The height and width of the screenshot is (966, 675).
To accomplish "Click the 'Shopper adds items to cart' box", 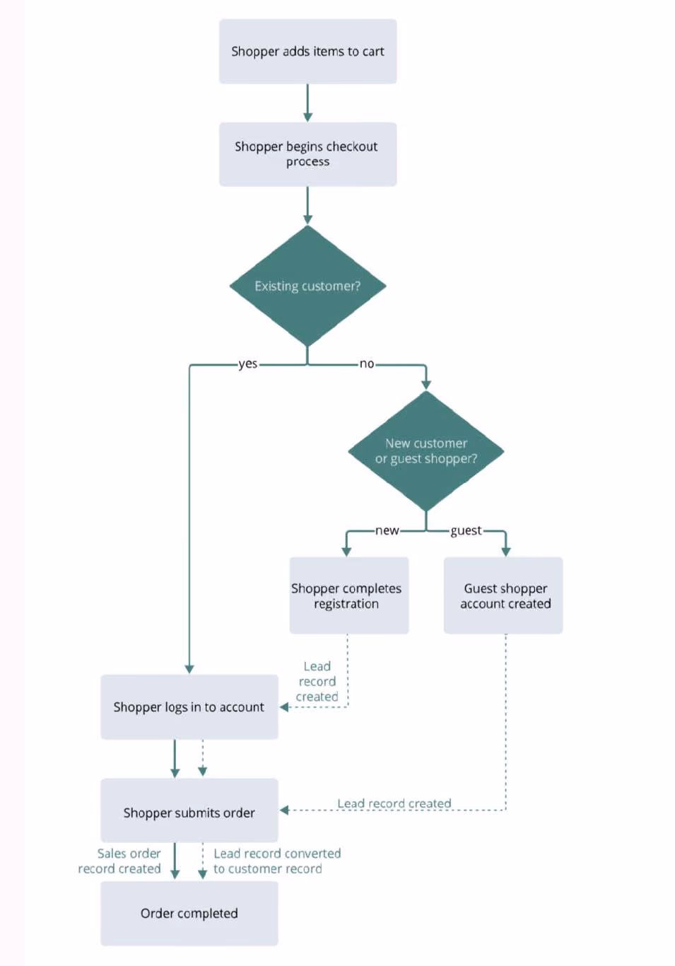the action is point(307,52).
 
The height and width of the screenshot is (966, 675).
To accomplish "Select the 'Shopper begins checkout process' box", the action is point(307,154).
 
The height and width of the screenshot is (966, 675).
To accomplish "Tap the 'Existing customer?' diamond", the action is point(307,286).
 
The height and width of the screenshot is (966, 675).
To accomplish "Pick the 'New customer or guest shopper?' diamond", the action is point(426,451).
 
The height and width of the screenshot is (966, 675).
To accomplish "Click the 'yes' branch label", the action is point(248,364).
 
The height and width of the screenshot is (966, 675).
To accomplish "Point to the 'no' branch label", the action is point(367,364).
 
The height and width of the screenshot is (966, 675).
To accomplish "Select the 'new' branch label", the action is point(387,530).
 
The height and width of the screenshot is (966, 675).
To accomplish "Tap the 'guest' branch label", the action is point(466,531).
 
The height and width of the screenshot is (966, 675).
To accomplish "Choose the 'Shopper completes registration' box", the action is point(349,595).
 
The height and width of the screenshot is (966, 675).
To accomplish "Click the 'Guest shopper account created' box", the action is point(503,595).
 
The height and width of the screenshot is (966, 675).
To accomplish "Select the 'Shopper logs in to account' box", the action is point(189,707).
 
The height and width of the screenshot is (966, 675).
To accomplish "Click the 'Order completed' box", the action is point(189,914).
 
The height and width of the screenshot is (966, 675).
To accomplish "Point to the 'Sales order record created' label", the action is point(119,861).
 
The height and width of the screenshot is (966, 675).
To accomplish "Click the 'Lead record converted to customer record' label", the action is point(277,861).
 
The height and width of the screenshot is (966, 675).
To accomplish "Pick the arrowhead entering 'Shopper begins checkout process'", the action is point(307,117).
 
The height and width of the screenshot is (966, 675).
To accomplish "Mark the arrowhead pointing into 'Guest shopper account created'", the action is point(506,552).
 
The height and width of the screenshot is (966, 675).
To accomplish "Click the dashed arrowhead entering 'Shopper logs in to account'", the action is point(284,707).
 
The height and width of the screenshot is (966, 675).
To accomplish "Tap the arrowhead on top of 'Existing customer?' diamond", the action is point(307,220).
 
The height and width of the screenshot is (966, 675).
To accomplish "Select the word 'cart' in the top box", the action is point(373,52).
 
